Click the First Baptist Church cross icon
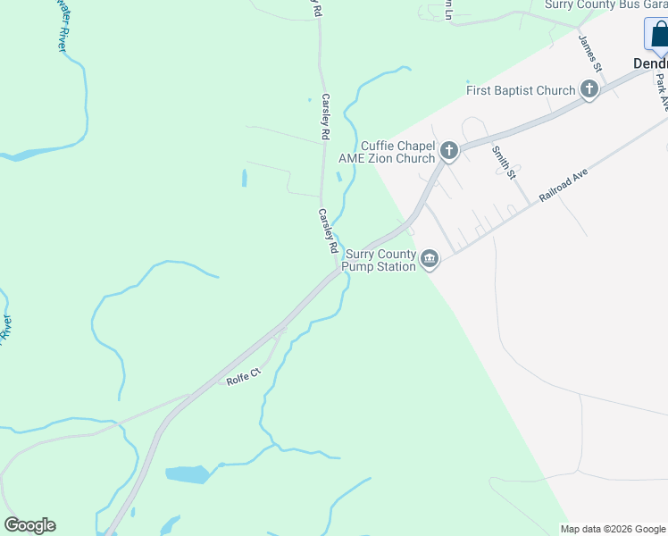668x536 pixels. (x=589, y=89)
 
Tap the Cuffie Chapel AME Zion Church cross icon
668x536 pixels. (x=449, y=151)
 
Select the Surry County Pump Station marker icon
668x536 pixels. (x=430, y=259)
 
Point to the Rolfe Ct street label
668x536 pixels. (x=242, y=380)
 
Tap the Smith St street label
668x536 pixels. (x=505, y=161)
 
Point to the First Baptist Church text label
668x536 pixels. (x=521, y=90)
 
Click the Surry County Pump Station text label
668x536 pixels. (x=380, y=259)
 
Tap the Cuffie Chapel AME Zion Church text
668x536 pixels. (x=387, y=152)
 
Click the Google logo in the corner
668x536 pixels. (x=29, y=525)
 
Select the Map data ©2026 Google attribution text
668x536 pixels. (x=613, y=529)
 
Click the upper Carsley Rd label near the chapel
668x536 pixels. (x=326, y=117)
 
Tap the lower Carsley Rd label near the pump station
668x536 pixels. (x=328, y=231)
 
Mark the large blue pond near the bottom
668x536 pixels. (x=187, y=474)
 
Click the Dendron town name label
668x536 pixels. (x=650, y=63)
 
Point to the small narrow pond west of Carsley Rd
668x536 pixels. (x=244, y=178)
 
